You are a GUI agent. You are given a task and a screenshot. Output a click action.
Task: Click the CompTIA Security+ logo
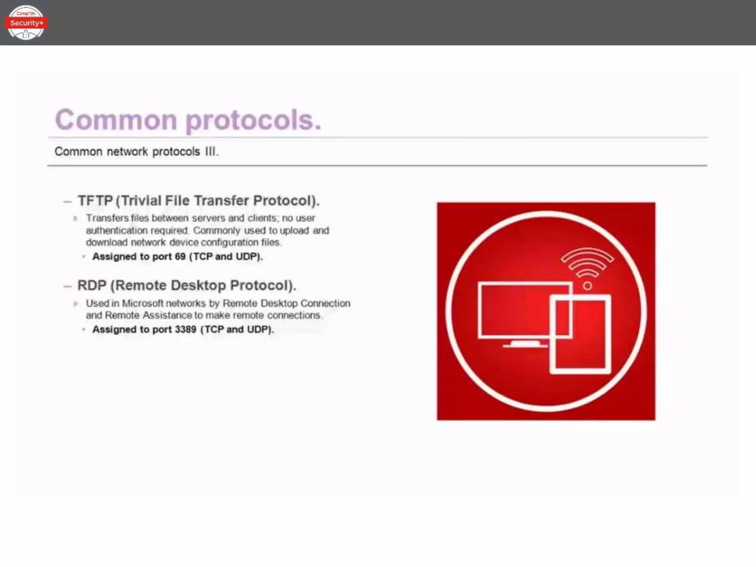[25, 23]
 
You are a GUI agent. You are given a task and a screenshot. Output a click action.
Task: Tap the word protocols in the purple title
[253, 121]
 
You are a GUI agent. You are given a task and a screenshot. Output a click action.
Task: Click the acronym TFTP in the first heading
[95, 201]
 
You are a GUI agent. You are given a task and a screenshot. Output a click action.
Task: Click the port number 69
[180, 257]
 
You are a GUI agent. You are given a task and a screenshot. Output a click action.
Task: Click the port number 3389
[185, 329]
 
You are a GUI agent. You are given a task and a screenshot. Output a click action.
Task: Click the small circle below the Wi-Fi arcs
[587, 286]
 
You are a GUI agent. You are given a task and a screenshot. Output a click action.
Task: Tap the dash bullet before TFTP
[67, 202]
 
